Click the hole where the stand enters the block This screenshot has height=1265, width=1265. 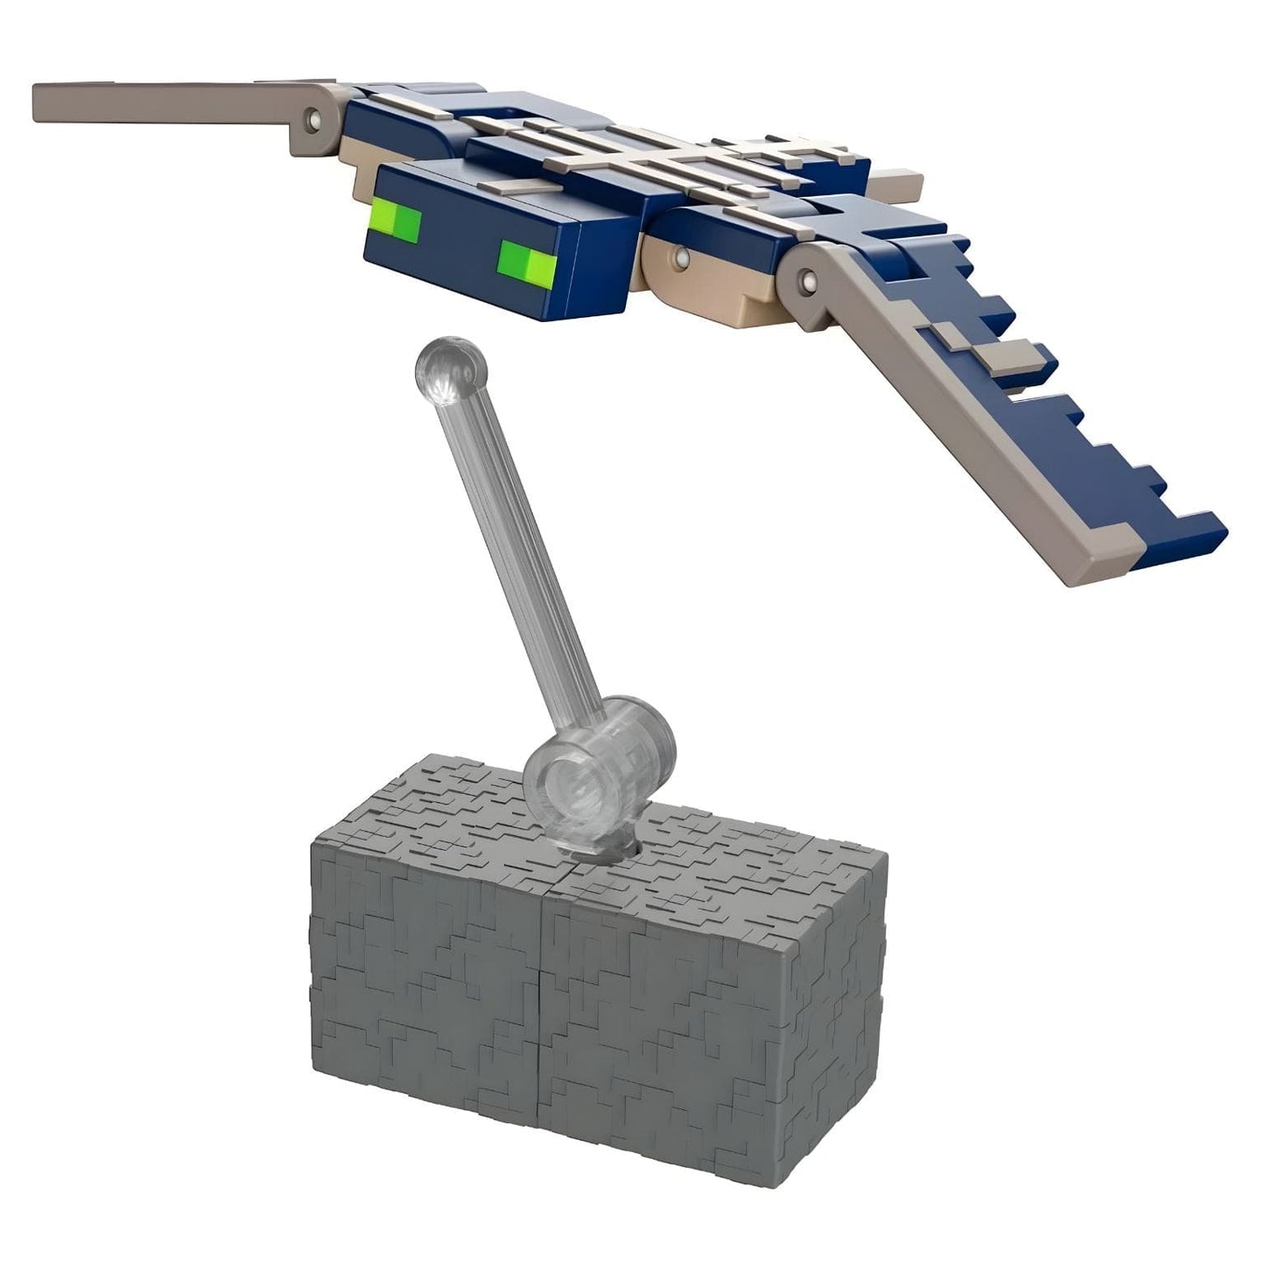(x=606, y=847)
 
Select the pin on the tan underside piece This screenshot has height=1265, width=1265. (x=681, y=257)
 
